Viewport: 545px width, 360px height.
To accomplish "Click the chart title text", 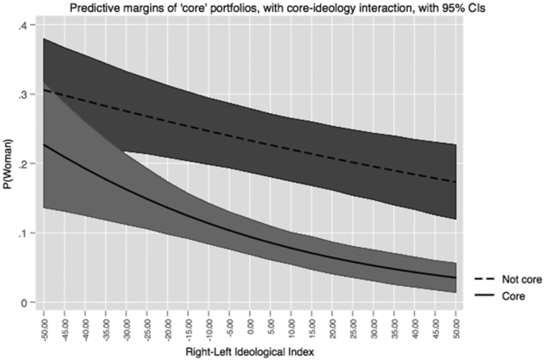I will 273,8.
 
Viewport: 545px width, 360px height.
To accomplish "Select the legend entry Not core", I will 512,278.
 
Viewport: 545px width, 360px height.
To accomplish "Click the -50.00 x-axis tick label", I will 43,324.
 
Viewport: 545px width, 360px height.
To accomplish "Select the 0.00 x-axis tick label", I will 250,323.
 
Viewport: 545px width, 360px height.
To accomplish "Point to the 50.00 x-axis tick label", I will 456,323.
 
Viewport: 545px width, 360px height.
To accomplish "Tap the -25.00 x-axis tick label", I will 146,324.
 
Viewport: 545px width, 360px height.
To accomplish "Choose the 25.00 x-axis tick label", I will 353,323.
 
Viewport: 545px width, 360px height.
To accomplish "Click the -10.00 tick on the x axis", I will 209,324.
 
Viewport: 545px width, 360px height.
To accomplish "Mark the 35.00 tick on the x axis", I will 394,323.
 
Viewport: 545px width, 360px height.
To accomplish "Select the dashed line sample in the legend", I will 475,278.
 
